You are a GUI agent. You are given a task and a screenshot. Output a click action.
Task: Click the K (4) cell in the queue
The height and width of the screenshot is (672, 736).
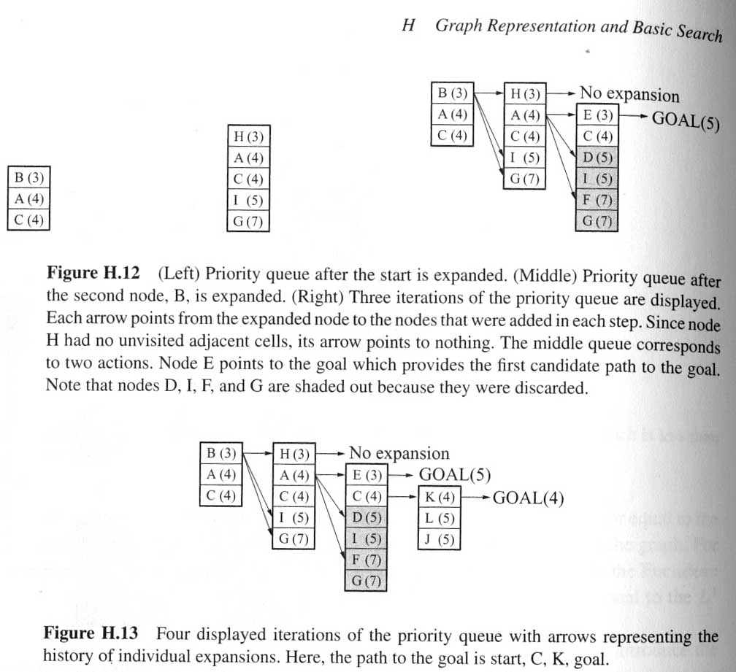pos(440,497)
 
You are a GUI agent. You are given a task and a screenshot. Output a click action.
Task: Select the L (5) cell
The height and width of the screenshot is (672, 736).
pos(440,518)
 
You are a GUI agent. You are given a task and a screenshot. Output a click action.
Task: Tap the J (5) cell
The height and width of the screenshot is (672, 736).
pos(440,539)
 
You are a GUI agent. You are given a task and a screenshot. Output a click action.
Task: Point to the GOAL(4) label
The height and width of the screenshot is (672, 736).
pos(528,498)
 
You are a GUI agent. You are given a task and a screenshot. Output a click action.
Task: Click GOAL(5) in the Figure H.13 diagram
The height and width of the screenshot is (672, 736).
pos(454,474)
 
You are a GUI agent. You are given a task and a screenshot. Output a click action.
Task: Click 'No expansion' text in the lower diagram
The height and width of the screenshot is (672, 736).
pos(399,453)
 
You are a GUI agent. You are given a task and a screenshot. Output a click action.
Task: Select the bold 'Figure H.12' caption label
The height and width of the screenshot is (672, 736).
pos(93,272)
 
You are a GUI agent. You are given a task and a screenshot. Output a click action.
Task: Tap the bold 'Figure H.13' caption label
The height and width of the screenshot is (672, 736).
pos(91,633)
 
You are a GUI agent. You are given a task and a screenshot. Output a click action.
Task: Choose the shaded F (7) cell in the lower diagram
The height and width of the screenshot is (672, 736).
pos(366,560)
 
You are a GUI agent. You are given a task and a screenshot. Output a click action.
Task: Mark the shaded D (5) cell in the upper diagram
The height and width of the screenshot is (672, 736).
pos(597,158)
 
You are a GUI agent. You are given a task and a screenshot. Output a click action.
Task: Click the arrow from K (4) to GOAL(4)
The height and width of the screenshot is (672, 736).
pos(476,498)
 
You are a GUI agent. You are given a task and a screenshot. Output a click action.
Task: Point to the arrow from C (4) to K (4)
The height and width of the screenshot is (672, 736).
pos(403,496)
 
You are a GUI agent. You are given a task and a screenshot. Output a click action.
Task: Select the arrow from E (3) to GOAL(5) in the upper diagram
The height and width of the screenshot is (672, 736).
pos(634,115)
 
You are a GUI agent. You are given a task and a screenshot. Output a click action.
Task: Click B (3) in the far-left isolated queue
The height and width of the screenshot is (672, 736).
pos(28,178)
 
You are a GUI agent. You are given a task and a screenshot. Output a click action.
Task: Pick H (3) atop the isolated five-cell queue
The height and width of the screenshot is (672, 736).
pos(248,136)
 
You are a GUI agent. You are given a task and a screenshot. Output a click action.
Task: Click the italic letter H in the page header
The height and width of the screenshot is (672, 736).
pos(408,26)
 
